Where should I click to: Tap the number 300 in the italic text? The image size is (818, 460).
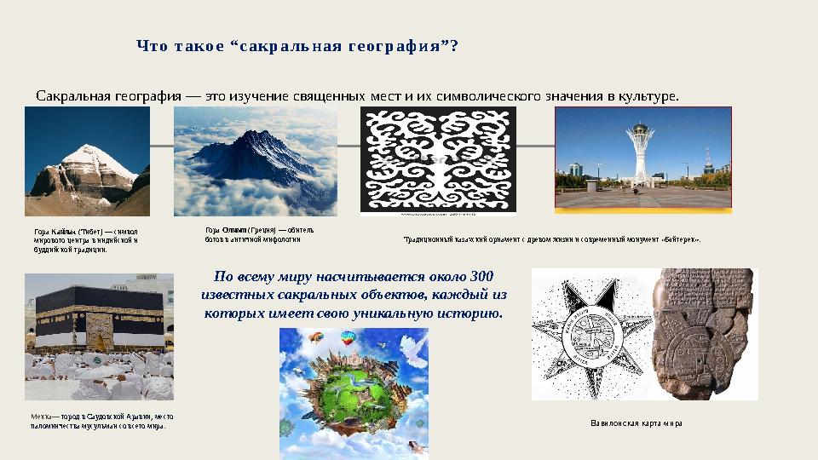481,277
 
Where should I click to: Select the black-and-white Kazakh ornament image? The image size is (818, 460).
438,161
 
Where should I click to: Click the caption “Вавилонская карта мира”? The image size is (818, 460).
636,423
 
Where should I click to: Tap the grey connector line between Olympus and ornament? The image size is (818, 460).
349,146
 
